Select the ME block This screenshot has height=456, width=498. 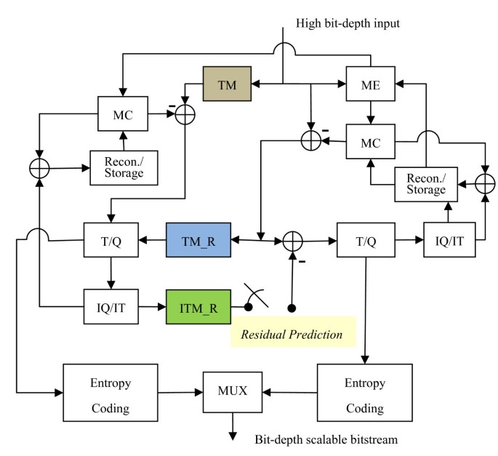pyautogui.click(x=370, y=85)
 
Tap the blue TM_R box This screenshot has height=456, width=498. pyautogui.click(x=198, y=239)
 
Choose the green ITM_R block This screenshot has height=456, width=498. pyautogui.click(x=198, y=308)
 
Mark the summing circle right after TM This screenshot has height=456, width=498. pyautogui.click(x=185, y=113)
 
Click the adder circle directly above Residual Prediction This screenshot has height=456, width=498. pyautogui.click(x=292, y=240)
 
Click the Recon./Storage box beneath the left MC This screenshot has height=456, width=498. pyautogui.click(x=124, y=167)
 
